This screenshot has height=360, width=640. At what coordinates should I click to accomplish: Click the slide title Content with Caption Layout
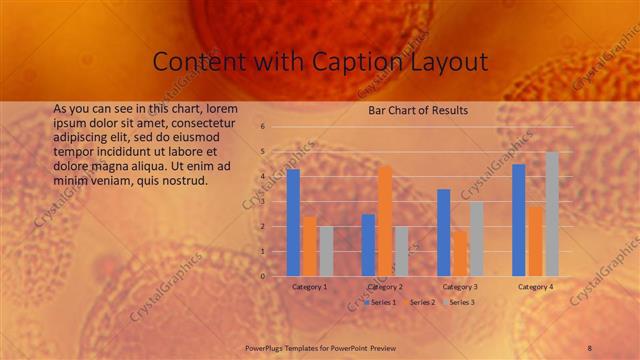coord(320,62)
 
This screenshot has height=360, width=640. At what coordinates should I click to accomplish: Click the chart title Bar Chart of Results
coord(418,110)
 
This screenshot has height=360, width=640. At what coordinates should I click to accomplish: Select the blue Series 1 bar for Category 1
coord(293,223)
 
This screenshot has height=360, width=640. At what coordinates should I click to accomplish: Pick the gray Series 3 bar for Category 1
coord(326,251)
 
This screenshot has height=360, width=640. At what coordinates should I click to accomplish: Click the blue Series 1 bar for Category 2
coord(368,245)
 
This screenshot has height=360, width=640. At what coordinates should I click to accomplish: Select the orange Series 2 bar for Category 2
coord(385,221)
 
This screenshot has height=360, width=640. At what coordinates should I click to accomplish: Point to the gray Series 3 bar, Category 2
coord(401,251)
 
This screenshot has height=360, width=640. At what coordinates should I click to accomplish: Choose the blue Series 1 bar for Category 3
coord(443,232)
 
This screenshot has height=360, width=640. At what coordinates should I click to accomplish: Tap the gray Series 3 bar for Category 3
coord(476,239)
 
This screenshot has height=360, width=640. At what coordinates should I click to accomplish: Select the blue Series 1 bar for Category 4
coord(518,220)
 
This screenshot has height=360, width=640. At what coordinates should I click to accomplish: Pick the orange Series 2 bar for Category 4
coord(535,241)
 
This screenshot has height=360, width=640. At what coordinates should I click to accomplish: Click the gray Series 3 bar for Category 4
coord(552,214)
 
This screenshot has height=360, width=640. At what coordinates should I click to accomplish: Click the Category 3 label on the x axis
coord(460,287)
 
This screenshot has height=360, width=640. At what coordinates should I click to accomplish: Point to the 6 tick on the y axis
coord(262,127)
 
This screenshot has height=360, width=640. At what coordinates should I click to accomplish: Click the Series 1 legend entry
coord(380,301)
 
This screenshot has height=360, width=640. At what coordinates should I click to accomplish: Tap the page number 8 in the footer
coord(590,346)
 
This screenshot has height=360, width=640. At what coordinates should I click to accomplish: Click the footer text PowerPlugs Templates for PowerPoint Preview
coord(321,346)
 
